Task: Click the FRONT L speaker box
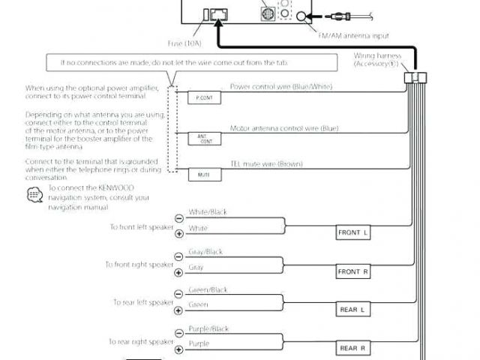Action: click(x=353, y=233)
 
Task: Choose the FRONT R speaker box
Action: click(x=353, y=271)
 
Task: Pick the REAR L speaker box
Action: click(x=353, y=309)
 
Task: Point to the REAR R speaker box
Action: click(x=353, y=348)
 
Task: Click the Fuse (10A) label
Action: click(x=184, y=43)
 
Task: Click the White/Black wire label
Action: click(x=208, y=212)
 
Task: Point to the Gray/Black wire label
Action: click(x=205, y=252)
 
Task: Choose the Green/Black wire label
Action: click(x=208, y=289)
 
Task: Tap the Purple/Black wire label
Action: click(x=208, y=328)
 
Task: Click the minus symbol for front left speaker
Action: click(x=178, y=217)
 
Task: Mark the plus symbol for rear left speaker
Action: click(x=178, y=310)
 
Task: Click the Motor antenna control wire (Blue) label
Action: click(x=283, y=128)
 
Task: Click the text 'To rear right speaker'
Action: click(x=141, y=341)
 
